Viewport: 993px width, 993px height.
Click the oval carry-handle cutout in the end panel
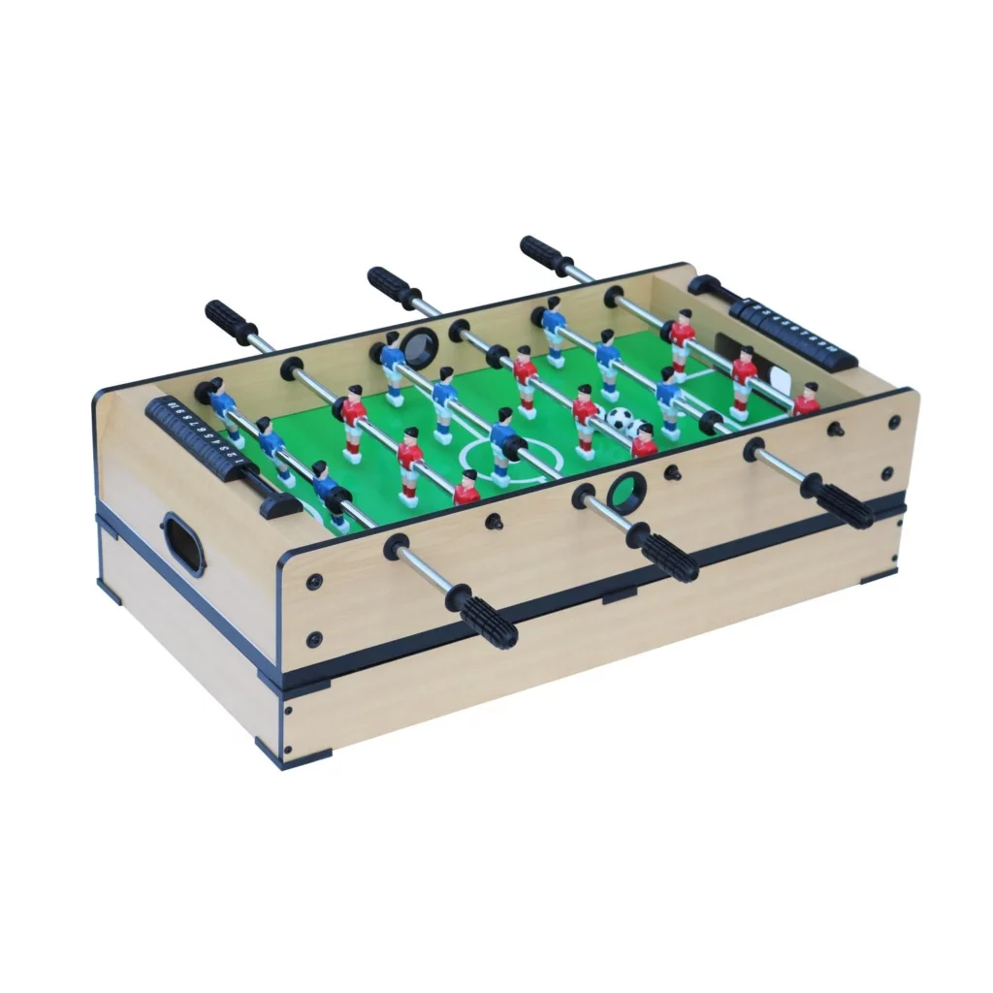tap(183, 544)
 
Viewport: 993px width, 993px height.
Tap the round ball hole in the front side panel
tap(625, 494)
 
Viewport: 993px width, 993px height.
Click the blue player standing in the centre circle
tap(502, 445)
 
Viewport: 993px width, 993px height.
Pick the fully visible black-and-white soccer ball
tap(622, 419)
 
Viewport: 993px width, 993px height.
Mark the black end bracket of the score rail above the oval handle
tap(279, 504)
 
